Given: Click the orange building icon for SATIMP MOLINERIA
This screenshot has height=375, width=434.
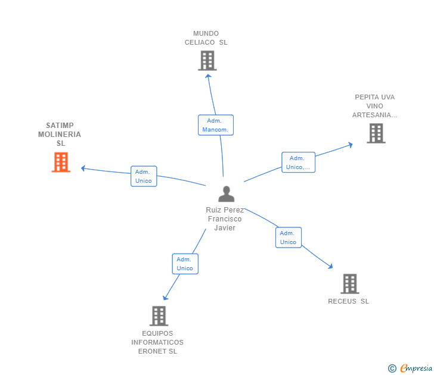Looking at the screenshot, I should [61, 162].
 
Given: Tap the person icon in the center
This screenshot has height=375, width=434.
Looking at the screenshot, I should [226, 194].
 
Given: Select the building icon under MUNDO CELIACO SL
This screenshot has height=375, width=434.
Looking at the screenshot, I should [207, 61].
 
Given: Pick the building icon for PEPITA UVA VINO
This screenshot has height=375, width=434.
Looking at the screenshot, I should [376, 133].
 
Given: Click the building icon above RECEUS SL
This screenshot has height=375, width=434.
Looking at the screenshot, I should [349, 284].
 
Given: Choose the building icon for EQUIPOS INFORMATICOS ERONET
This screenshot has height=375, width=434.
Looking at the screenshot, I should [158, 315].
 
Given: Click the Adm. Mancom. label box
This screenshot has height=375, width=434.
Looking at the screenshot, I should [215, 125].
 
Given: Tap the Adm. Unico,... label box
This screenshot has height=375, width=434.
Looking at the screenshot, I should [297, 162].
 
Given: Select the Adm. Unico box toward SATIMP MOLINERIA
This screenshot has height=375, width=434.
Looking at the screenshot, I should [144, 176].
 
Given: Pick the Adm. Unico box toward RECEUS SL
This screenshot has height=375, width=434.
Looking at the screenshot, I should [288, 237].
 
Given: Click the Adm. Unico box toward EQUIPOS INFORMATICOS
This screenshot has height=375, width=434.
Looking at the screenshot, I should [185, 264].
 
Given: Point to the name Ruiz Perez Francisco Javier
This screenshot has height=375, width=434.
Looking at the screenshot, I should [225, 219].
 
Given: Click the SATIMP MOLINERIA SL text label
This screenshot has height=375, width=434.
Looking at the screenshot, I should [60, 135].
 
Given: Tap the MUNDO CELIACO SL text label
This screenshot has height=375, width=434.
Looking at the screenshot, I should [206, 38].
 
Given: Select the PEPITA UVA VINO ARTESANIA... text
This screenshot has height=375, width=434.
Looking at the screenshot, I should [374, 106].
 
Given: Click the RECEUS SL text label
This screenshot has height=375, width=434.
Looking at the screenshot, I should [348, 301].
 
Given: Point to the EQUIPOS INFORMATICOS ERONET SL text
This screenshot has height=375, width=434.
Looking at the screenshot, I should [157, 342].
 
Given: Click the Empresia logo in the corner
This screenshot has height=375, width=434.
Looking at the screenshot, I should [416, 368].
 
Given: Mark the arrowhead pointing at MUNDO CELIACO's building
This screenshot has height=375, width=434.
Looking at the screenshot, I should [207, 74].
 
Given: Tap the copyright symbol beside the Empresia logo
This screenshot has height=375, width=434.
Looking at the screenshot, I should [392, 368].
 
